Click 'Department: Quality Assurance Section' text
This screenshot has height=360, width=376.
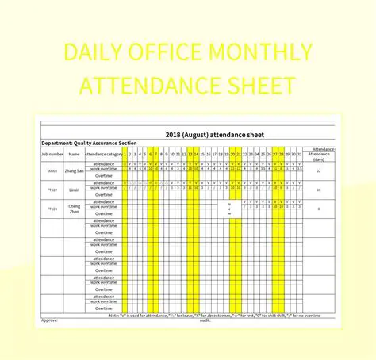pyautogui.click(x=89, y=144)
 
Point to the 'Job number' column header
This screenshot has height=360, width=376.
pyautogui.click(x=52, y=154)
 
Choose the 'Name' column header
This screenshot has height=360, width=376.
pyautogui.click(x=75, y=154)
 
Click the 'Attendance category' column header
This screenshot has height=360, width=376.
pyautogui.click(x=103, y=154)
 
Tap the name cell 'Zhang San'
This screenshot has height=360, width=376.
pyautogui.click(x=75, y=170)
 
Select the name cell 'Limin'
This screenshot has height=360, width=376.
pyautogui.click(x=75, y=190)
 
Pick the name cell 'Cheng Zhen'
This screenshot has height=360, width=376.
pyautogui.click(x=75, y=208)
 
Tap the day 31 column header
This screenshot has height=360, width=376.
pyautogui.click(x=299, y=154)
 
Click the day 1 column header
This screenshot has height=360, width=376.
pyautogui.click(x=125, y=154)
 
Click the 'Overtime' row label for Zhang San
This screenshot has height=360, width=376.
pyautogui.click(x=104, y=175)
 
